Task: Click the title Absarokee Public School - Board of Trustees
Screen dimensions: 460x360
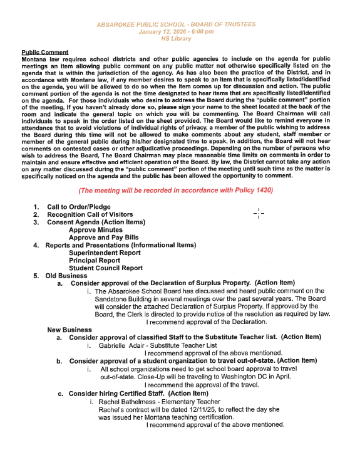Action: coord(176,24)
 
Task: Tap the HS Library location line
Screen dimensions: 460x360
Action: coord(177,38)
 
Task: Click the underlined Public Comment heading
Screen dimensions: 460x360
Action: coord(45,51)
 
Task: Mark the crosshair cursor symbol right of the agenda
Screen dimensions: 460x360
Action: coord(259,213)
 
